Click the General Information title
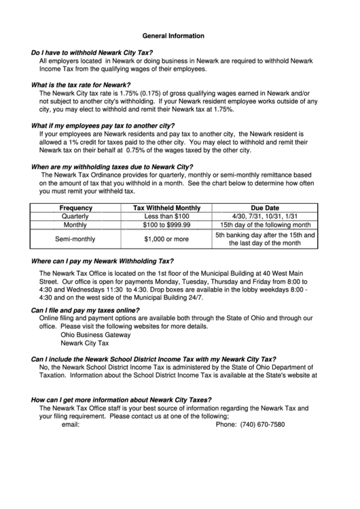click(x=173, y=35)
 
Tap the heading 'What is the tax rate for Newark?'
click(x=81, y=85)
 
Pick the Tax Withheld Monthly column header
click(x=166, y=207)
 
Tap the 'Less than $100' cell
click(x=166, y=216)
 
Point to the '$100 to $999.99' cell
click(x=166, y=225)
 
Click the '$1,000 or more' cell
click(x=166, y=239)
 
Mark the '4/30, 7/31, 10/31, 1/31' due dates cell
click(x=264, y=216)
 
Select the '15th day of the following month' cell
click(x=264, y=225)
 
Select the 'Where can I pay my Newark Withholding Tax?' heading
click(x=103, y=261)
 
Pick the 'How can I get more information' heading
click(x=122, y=400)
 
